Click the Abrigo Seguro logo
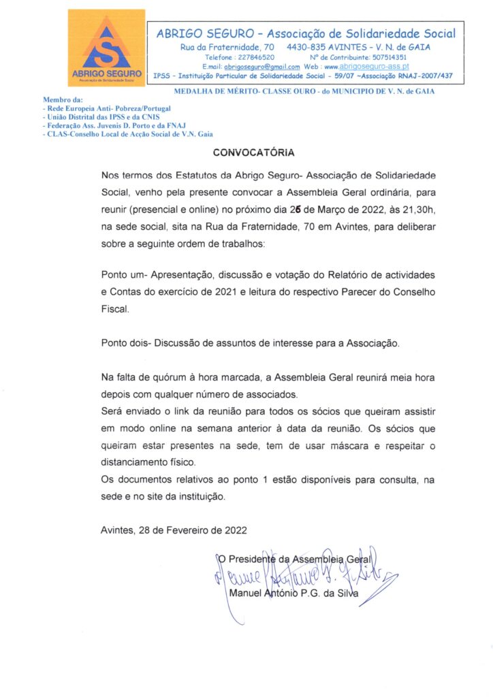pos(106,48)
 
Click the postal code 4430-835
pos(308,47)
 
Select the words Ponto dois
pos(126,343)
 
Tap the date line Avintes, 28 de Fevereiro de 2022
pos(174,530)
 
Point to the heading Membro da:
pos(62,99)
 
